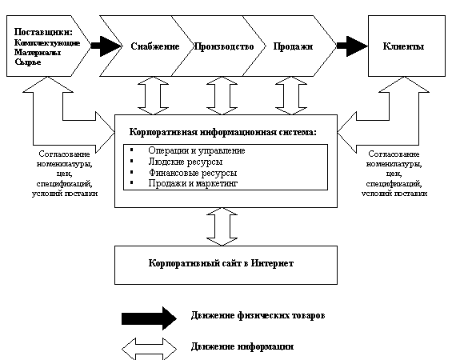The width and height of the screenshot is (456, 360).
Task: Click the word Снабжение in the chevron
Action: (x=155, y=46)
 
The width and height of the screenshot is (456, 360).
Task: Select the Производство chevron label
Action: (x=224, y=46)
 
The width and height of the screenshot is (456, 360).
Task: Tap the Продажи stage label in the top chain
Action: (x=293, y=46)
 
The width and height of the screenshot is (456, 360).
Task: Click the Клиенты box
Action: (x=406, y=46)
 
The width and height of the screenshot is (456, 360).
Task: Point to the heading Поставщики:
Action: (x=43, y=32)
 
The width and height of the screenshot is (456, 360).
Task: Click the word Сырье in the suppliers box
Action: (x=28, y=62)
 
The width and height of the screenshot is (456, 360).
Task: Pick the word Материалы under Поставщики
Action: (x=38, y=53)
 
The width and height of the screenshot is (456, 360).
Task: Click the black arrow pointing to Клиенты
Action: (x=352, y=46)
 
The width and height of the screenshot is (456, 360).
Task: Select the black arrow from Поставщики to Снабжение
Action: (x=106, y=46)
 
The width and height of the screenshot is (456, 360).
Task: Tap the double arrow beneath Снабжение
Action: (x=153, y=96)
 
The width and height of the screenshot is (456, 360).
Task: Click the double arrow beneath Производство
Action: (x=222, y=96)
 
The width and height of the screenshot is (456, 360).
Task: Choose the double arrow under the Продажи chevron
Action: (x=291, y=96)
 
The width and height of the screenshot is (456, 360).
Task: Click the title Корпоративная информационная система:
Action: (x=222, y=132)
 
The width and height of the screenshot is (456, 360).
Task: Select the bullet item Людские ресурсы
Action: (x=186, y=162)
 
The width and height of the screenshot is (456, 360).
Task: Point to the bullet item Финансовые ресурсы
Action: (x=193, y=173)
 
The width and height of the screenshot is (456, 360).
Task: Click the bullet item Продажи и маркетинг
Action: (x=193, y=183)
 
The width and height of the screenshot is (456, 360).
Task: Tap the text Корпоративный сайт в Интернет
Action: (x=221, y=263)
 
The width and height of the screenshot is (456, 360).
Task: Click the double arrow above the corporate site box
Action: (x=222, y=226)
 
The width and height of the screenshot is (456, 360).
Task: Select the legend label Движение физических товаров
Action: (x=258, y=315)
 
